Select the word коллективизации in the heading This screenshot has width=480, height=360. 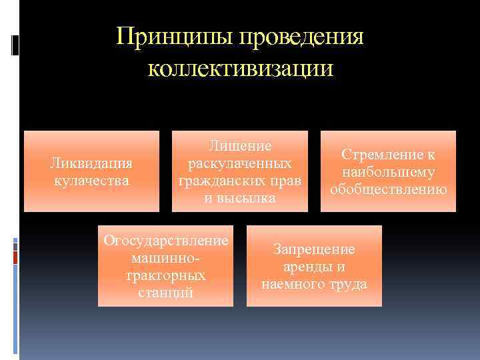239,68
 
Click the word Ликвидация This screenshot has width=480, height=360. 92,163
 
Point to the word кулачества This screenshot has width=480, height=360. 92,180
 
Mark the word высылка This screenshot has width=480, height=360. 249,198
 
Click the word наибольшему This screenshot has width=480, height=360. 388,172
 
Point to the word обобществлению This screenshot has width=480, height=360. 388,189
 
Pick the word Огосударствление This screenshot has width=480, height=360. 166,241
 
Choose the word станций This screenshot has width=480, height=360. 166,292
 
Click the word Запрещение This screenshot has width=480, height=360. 314,249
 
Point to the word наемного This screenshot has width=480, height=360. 291,284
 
